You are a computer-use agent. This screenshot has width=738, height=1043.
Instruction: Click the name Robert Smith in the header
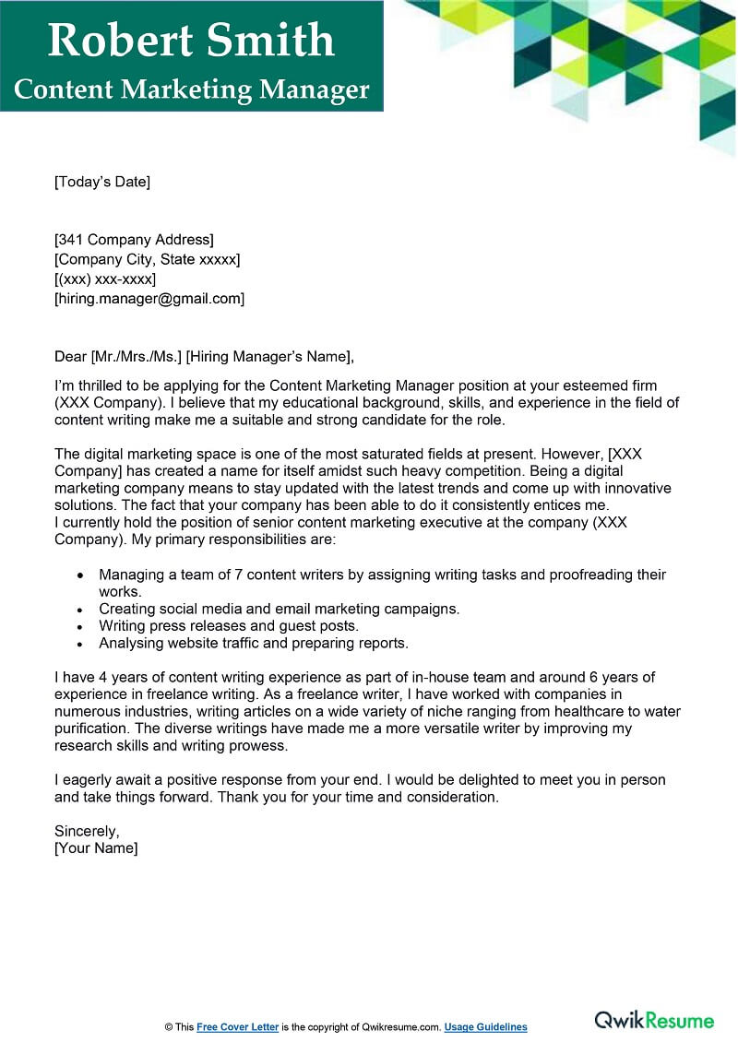pyautogui.click(x=191, y=40)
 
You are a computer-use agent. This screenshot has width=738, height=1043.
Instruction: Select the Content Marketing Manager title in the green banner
pyautogui.click(x=192, y=89)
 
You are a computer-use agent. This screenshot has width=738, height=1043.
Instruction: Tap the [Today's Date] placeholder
pyautogui.click(x=102, y=182)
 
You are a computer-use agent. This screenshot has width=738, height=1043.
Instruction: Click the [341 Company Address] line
pyautogui.click(x=134, y=240)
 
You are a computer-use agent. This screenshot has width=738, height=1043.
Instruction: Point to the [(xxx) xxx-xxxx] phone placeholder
pyautogui.click(x=105, y=279)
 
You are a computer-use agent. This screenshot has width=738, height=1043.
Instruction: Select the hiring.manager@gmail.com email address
pyautogui.click(x=149, y=299)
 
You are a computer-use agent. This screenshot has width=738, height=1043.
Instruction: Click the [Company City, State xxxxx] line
pyautogui.click(x=148, y=259)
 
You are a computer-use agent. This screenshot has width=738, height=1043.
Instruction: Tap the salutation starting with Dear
pyautogui.click(x=204, y=357)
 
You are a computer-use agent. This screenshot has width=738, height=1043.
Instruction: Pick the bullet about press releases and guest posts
pyautogui.click(x=229, y=626)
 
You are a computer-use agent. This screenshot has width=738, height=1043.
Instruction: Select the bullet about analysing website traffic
pyautogui.click(x=254, y=644)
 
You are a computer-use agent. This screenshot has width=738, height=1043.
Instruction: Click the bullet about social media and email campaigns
pyautogui.click(x=280, y=609)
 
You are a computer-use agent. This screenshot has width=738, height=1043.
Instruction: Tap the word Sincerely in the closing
pyautogui.click(x=87, y=831)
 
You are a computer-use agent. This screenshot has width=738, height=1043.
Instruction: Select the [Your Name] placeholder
pyautogui.click(x=96, y=848)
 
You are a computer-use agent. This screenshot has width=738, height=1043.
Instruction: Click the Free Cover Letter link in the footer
pyautogui.click(x=237, y=1027)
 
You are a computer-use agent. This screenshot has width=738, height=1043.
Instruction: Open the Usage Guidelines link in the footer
pyautogui.click(x=486, y=1027)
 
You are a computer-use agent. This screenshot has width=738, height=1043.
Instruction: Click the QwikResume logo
pyautogui.click(x=654, y=1020)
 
